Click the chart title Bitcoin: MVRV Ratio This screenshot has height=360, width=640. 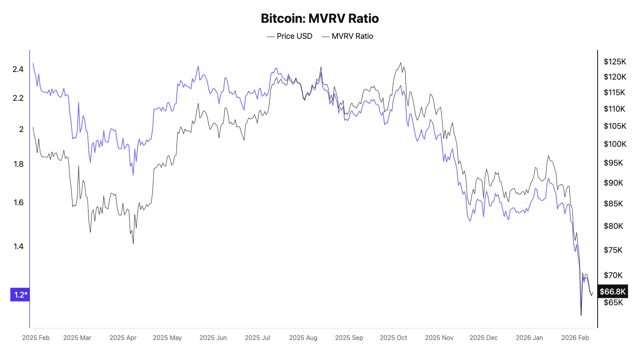point(320,18)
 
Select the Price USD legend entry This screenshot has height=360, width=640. point(290,36)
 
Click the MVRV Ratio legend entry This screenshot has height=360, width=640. point(348,36)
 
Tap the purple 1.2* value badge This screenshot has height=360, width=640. point(20,295)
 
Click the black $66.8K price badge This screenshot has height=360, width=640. point(612,292)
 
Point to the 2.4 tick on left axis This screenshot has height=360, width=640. point(18,69)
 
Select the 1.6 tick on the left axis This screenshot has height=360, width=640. point(18,202)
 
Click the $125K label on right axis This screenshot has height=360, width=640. point(615,62)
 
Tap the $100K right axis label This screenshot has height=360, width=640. point(615,144)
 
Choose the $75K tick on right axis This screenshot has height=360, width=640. point(613,250)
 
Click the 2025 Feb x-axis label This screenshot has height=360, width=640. point(36,338)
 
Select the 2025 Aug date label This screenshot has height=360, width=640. point(303,338)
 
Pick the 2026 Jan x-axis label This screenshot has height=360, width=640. point(529,338)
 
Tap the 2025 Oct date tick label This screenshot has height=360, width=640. point(393,338)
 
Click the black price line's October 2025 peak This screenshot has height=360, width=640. point(401,62)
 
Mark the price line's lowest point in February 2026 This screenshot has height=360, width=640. point(581,315)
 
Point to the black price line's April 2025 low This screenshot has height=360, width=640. point(133,243)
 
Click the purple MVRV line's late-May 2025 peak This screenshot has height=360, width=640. point(198,66)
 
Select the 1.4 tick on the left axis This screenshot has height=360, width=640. point(18,246)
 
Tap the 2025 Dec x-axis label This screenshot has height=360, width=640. point(483,338)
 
